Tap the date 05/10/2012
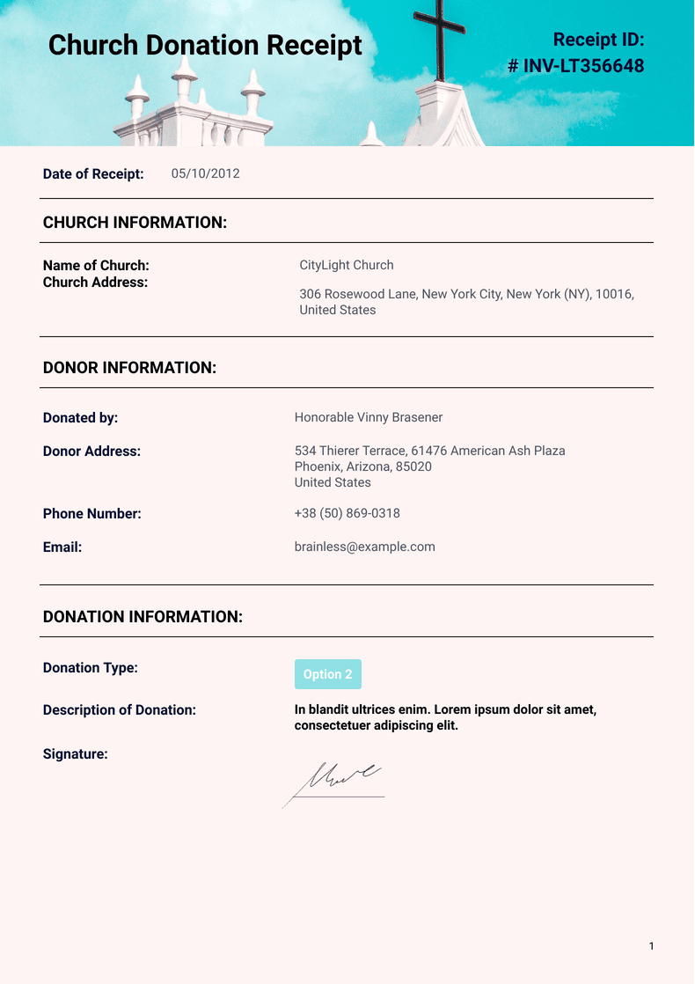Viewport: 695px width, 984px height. pyautogui.click(x=205, y=173)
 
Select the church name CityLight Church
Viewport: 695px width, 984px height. pyautogui.click(x=347, y=265)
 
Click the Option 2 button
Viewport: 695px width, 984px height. pyautogui.click(x=327, y=674)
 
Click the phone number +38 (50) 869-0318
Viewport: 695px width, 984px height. pyautogui.click(x=347, y=513)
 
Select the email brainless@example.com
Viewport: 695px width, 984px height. pyautogui.click(x=364, y=547)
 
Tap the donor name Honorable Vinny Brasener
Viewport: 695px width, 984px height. pyautogui.click(x=369, y=417)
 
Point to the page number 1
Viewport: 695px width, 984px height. pyautogui.click(x=651, y=946)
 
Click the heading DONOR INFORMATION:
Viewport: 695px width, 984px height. pyautogui.click(x=129, y=368)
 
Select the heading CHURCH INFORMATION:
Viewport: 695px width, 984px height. pyautogui.click(x=135, y=223)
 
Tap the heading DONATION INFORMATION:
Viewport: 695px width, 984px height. pyautogui.click(x=143, y=617)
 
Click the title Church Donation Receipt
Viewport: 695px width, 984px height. pyautogui.click(x=205, y=45)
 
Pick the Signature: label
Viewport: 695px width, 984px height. pyautogui.click(x=76, y=754)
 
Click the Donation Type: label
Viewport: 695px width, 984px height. pyautogui.click(x=91, y=668)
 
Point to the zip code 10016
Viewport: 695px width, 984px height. pyautogui.click(x=614, y=294)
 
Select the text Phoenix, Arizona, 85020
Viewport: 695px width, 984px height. pyautogui.click(x=362, y=466)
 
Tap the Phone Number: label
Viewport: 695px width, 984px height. pyautogui.click(x=92, y=514)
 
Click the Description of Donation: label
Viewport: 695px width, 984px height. pyautogui.click(x=120, y=710)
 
